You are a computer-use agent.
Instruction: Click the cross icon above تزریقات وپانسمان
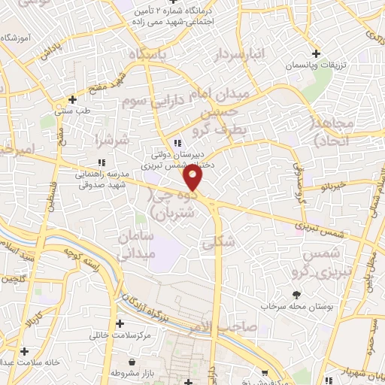tap(316, 53)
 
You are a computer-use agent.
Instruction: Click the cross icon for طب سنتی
tap(72, 99)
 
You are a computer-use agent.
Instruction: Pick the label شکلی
tap(219, 242)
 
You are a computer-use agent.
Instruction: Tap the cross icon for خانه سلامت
tap(25, 350)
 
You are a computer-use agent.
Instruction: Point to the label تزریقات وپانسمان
tap(317, 66)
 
